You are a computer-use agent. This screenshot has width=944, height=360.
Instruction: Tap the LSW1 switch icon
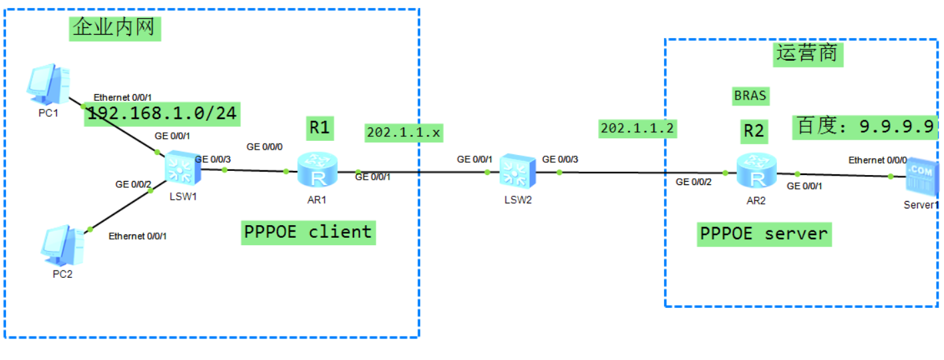178,168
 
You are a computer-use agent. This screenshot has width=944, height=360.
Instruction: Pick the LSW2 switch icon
517,170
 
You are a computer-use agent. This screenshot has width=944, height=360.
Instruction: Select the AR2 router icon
756,170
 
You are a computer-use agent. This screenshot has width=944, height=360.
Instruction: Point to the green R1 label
320,127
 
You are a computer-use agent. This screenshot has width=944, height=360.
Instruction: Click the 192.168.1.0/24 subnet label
162,114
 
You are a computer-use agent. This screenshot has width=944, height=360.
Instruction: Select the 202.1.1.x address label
404,133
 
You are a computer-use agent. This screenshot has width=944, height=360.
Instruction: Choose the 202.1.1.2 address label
638,128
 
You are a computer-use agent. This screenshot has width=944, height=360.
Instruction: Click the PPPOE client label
307,232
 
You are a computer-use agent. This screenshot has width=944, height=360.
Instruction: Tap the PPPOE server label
764,234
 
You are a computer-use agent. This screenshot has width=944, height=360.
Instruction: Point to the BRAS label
750,96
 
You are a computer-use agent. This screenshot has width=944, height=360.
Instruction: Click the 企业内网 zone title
115,28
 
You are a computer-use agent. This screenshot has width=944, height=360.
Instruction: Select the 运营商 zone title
808,53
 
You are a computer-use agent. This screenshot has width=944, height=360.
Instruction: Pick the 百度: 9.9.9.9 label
864,126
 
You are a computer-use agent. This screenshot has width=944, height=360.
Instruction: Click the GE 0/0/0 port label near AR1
264,146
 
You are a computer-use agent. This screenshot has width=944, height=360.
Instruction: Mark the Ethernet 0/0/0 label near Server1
878,160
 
